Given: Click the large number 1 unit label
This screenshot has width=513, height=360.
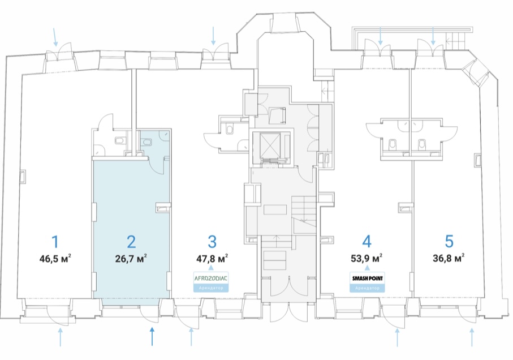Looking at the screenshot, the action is coord(55,242).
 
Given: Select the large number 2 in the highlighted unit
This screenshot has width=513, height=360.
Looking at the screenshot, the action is coord(131,242).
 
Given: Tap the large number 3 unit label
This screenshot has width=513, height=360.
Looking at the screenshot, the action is coord(212,242).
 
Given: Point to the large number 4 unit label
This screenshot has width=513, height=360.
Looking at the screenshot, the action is coord(367,242).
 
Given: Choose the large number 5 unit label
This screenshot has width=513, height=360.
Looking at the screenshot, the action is coord(449,241).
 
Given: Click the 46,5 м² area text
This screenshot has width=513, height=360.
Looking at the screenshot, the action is coord(55,259).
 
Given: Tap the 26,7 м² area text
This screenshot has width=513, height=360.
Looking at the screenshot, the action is coord(131,259).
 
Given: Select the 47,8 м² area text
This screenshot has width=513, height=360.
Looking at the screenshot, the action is coord(212,259).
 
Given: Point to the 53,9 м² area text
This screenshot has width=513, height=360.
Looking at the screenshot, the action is coord(367,259).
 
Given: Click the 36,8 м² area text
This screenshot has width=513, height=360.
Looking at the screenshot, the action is coord(449,258).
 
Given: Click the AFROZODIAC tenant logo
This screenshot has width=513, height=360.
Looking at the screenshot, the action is coord(211,278).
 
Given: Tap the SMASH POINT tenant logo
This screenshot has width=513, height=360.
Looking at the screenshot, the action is coord(367,278).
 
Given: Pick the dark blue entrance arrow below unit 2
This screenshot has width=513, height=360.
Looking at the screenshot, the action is coord(152,336).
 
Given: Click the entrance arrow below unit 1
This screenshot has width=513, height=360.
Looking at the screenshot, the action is coord(60,337).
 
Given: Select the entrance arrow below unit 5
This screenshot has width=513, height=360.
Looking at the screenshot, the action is coord(472,337).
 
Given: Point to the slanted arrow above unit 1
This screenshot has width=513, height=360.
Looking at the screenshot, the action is coord(55,37).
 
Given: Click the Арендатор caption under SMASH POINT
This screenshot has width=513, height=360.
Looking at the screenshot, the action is coord(367,288).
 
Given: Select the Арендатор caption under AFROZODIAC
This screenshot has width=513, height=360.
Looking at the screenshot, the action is coord(211,288).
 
